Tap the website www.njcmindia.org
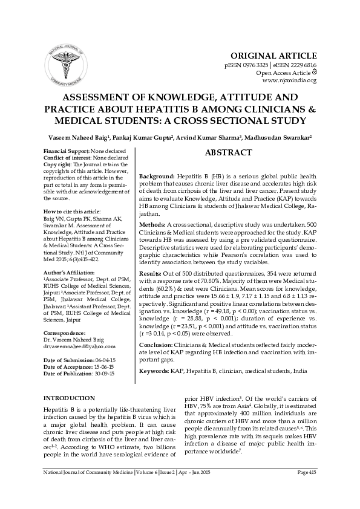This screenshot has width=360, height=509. pos(289,80)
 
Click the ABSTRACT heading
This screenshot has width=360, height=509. pos(228,153)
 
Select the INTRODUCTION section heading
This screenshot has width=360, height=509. pos(69,398)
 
